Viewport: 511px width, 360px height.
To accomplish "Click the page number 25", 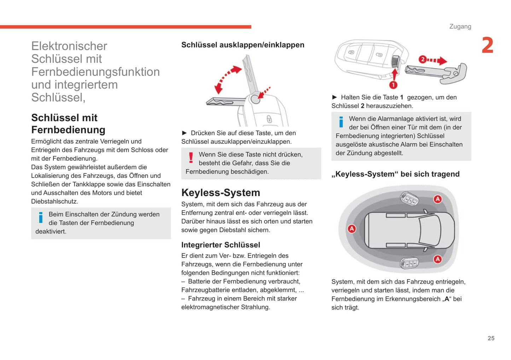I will (491, 338).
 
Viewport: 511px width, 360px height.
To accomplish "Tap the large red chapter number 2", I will (487, 46).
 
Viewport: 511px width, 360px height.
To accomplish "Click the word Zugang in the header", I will (460, 26).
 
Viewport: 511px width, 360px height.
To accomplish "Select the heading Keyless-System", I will (221, 193).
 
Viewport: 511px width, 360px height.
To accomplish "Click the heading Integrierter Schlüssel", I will (221, 245).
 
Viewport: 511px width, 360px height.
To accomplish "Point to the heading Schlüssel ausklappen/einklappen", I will (243, 45).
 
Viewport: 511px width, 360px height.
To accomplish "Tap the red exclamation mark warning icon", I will (191, 158).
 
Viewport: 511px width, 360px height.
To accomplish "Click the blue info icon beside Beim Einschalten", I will (41, 218).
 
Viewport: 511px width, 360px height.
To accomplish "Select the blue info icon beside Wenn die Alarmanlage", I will (341, 122).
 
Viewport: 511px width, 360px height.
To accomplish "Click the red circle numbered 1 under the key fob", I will (393, 85).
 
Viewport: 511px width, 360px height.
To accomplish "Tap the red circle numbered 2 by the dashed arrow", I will (422, 59).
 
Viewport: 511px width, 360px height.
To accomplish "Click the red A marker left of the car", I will (352, 229).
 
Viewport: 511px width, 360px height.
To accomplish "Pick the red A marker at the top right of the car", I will (438, 199).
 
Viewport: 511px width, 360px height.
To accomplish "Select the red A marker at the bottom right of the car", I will (438, 259).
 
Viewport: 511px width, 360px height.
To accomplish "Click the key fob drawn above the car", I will (409, 199).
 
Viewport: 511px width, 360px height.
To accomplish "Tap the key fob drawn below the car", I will (409, 263).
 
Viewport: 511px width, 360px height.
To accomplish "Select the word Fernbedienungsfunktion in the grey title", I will (95, 72).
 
